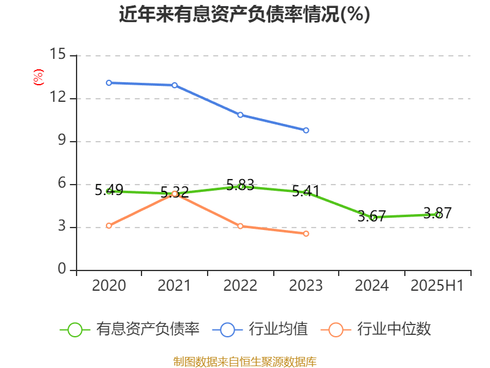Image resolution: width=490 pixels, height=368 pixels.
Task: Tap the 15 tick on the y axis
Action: pos(58,55)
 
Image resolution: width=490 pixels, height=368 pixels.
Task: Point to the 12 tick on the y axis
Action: pos(58,98)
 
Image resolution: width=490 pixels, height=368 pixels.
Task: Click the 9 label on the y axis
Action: pos(61,141)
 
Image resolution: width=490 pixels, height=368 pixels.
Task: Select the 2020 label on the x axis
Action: pos(109,286)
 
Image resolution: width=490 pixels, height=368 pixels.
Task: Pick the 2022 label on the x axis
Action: pos(240,286)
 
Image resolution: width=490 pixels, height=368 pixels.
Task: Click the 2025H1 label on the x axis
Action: pos(437,286)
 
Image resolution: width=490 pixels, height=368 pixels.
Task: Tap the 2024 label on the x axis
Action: pos(372,286)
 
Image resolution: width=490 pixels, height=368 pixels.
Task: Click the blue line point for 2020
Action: pos(109,83)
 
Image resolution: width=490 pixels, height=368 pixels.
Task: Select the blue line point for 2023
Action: pos(306,130)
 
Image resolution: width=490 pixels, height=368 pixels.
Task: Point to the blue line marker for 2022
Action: pos(240,115)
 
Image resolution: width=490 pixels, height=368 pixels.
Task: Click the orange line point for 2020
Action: pos(109,226)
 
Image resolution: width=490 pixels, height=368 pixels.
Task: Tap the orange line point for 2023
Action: pos(306,234)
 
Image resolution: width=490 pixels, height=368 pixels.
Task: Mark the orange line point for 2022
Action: pos(240,226)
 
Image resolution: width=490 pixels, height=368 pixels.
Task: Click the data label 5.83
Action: pos(240,185)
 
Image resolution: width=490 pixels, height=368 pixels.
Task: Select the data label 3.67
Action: pos(372,216)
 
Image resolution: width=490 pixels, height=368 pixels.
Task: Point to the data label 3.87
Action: pos(437,213)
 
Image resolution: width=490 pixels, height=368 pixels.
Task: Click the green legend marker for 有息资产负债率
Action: pos(75,329)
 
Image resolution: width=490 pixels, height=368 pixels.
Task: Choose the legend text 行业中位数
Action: pos(394,329)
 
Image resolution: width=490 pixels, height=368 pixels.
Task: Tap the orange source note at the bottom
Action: pos(244,361)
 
